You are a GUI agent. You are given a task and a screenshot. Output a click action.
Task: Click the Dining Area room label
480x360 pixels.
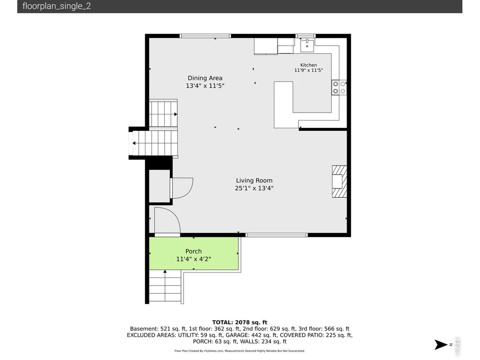click(x=205, y=78)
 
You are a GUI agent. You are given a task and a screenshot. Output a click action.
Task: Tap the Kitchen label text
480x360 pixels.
click(x=308, y=65)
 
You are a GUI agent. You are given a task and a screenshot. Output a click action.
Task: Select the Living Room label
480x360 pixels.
click(x=254, y=181)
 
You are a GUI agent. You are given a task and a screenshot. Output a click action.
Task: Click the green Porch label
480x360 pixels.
click(x=194, y=251)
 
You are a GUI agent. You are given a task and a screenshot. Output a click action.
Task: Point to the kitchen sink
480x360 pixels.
click(x=307, y=45)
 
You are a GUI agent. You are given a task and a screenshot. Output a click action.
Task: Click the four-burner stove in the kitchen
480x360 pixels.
click(x=339, y=87)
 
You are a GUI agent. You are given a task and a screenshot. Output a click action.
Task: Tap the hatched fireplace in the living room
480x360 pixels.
click(x=340, y=181)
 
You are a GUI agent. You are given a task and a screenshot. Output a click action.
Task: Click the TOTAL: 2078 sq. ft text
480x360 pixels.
click(x=240, y=322)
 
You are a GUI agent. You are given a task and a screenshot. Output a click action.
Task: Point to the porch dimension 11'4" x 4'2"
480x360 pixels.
click(x=194, y=259)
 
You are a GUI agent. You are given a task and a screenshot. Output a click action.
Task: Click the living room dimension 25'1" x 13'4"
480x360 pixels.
click(x=254, y=188)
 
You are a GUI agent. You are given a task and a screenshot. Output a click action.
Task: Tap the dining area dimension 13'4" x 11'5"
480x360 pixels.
click(x=205, y=86)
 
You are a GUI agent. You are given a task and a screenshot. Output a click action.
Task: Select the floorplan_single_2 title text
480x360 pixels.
click(x=57, y=6)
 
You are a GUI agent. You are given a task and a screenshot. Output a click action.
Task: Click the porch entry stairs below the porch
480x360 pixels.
click(x=165, y=286)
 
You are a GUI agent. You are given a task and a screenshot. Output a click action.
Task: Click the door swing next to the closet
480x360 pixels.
click(x=182, y=188)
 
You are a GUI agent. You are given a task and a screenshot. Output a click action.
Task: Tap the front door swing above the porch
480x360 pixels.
click(x=167, y=220)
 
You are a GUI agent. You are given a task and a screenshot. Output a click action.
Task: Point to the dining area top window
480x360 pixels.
click(x=205, y=36)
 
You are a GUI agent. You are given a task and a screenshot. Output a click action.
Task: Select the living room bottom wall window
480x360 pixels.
click(x=276, y=235)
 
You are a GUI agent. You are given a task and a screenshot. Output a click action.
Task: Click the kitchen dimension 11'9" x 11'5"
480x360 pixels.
click(x=308, y=70)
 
